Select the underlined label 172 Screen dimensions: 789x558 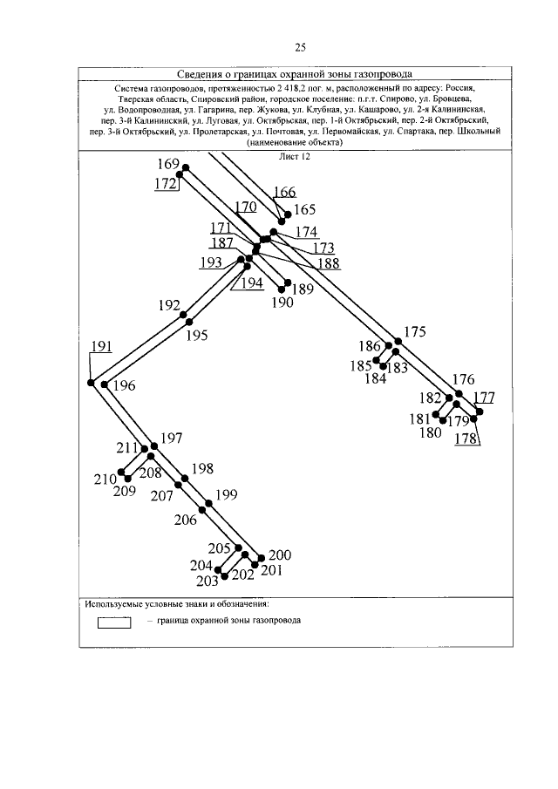click(166, 184)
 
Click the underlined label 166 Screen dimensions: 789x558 click(284, 192)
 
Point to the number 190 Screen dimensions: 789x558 click(282, 303)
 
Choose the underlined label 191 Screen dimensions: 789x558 click(101, 347)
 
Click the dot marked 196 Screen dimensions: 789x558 click(105, 384)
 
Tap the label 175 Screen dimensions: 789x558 click(415, 331)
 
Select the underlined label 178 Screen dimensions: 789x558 click(467, 439)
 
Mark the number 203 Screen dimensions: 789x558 click(207, 581)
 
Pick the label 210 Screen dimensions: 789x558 click(105, 479)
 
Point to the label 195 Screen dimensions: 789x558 click(197, 335)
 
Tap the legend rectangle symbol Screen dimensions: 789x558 click(113, 622)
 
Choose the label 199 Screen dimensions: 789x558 click(226, 495)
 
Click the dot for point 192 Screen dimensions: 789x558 click(186, 314)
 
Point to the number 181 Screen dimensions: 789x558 click(420, 419)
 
